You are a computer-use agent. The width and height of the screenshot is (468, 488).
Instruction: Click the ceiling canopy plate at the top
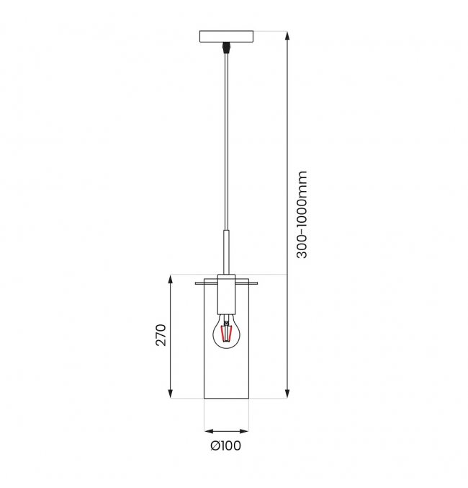tap(226, 37)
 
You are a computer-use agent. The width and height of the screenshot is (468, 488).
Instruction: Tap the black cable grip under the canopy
tap(226, 48)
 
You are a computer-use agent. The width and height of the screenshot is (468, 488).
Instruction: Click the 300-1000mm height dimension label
tap(302, 214)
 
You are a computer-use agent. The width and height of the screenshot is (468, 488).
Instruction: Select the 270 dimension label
tap(161, 335)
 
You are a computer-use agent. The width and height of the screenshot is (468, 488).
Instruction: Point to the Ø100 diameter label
tap(226, 445)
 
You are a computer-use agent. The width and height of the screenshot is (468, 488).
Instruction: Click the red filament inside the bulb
tap(226, 333)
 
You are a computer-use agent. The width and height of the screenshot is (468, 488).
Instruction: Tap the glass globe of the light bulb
tap(226, 332)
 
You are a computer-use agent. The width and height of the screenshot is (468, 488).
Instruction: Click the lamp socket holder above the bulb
tap(226, 294)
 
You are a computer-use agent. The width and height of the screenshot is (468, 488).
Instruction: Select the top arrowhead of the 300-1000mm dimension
tap(287, 35)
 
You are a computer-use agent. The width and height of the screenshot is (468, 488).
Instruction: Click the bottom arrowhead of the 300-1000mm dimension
tap(287, 394)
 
